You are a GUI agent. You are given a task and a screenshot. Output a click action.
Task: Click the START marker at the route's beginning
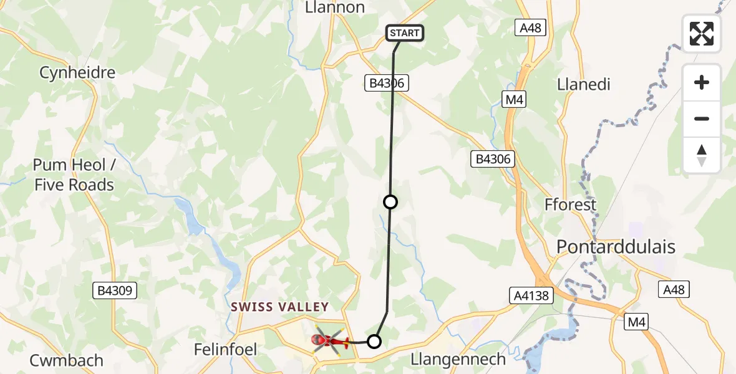coord(405,33)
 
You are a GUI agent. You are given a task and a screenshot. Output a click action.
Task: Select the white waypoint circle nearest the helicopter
coord(374,341)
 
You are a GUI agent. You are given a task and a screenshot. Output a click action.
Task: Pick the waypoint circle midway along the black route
coord(390,202)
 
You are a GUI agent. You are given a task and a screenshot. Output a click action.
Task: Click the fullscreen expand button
coord(702,34)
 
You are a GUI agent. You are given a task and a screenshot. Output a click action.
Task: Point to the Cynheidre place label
coord(77,72)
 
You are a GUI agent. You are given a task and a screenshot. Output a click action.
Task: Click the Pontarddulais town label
coord(616,247)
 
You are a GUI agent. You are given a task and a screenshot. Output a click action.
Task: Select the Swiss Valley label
coord(279,307)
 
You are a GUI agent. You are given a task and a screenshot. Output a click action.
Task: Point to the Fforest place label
coord(570,204)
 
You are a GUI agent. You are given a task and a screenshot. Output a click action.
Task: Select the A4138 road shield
coord(532,295)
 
